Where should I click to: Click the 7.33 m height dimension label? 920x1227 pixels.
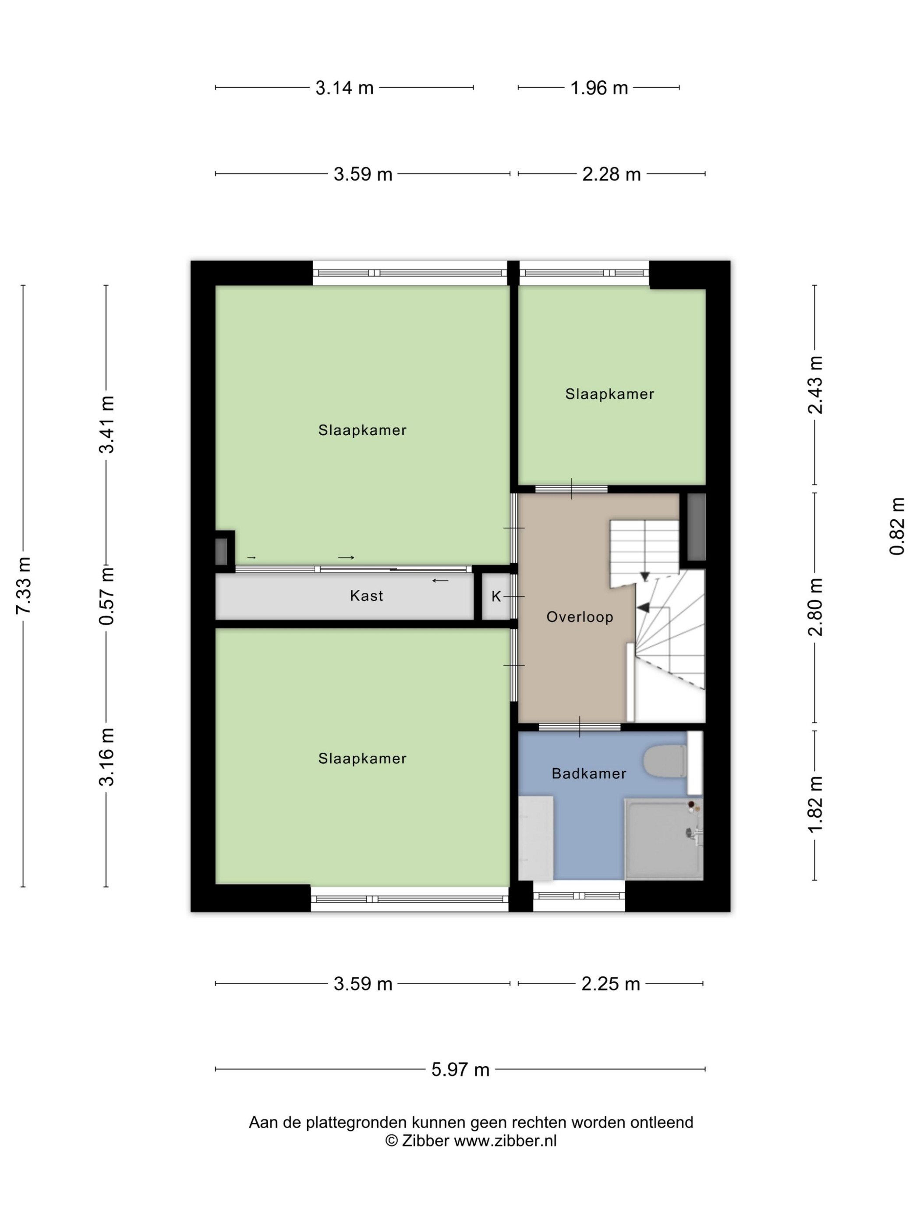24,585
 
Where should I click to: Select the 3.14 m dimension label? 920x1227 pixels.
344,88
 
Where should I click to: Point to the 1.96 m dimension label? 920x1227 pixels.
599,88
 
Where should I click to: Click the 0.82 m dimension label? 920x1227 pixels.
897,526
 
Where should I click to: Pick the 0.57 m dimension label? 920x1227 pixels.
106,596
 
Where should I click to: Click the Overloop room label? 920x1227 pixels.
580,617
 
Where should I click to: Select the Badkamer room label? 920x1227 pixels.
589,773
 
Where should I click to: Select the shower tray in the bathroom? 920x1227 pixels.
664,839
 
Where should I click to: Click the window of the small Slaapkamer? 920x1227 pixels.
584,273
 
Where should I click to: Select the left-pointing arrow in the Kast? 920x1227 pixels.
440,581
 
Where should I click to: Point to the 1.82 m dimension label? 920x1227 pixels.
814,805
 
